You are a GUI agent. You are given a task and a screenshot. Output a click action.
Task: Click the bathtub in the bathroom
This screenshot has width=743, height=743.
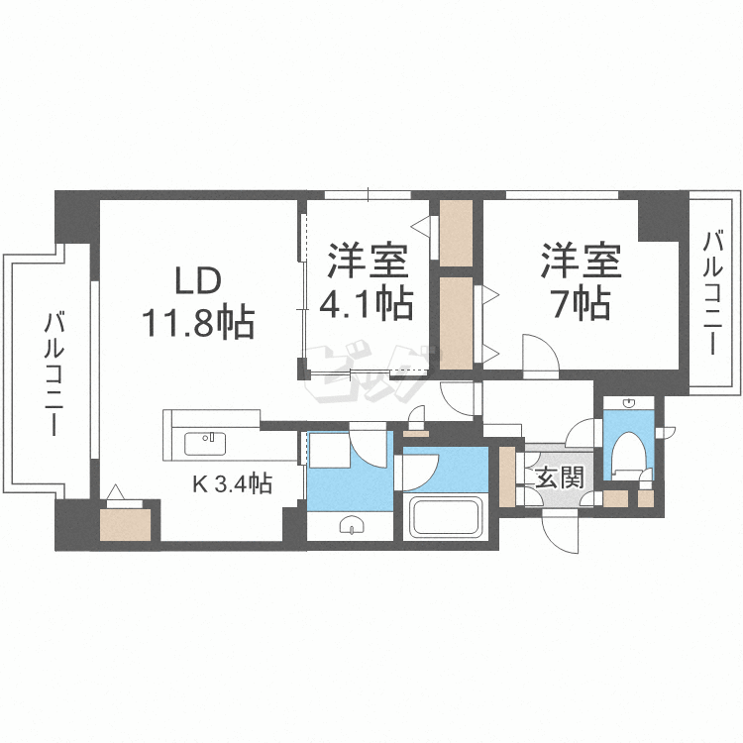[445, 518]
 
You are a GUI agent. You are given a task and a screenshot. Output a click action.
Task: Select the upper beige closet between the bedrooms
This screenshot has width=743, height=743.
[457, 233]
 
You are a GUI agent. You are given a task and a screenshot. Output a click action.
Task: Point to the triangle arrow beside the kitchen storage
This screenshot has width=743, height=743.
[117, 491]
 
